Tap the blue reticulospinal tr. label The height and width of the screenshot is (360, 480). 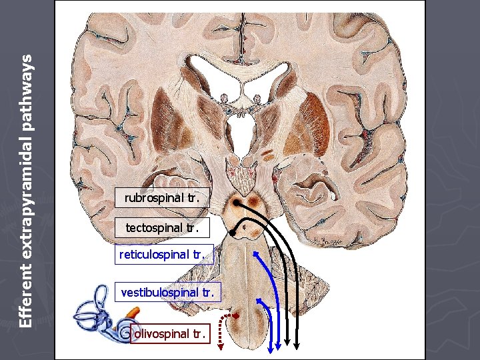(x=165, y=255)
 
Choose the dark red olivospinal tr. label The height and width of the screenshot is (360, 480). (x=170, y=333)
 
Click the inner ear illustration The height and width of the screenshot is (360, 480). (x=100, y=313)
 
